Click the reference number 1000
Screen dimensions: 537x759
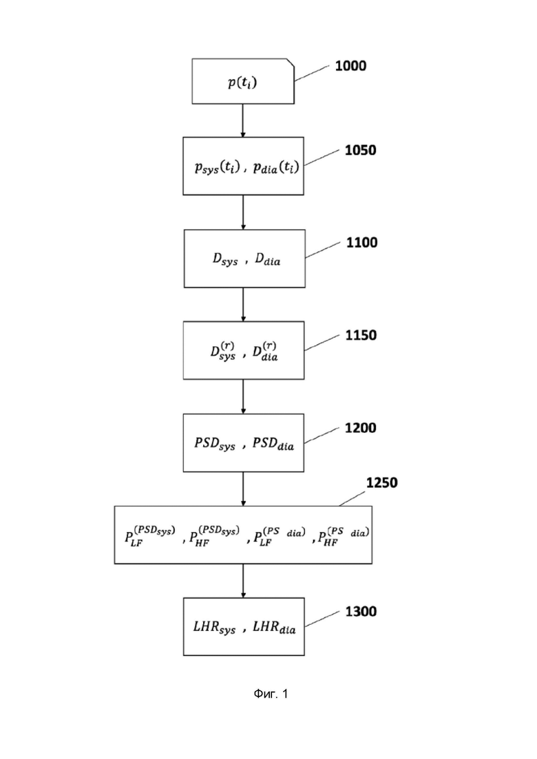[x=350, y=66]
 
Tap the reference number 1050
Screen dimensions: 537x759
[x=360, y=150]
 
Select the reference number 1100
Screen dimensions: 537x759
[x=361, y=242]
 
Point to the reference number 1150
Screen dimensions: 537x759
[x=361, y=335]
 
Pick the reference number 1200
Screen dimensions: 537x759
[x=360, y=427]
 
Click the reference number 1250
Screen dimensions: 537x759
[x=381, y=482]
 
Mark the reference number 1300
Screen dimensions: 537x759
[x=361, y=611]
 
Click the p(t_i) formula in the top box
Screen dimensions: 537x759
[x=242, y=83]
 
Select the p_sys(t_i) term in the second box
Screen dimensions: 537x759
[x=218, y=167]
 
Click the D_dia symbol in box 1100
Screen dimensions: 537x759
[x=268, y=259]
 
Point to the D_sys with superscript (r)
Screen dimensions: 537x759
[x=223, y=351]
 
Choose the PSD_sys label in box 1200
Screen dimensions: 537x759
[x=215, y=443]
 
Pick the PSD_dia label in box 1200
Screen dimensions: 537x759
[x=273, y=443]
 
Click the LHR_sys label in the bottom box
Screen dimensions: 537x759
[x=214, y=628]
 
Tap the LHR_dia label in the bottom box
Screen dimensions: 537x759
[x=274, y=628]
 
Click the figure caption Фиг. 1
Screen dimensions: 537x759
[x=271, y=694]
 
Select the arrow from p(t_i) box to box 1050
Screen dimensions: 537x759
[x=243, y=120]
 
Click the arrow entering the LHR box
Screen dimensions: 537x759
[x=243, y=581]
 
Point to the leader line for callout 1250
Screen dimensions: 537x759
[x=352, y=499]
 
